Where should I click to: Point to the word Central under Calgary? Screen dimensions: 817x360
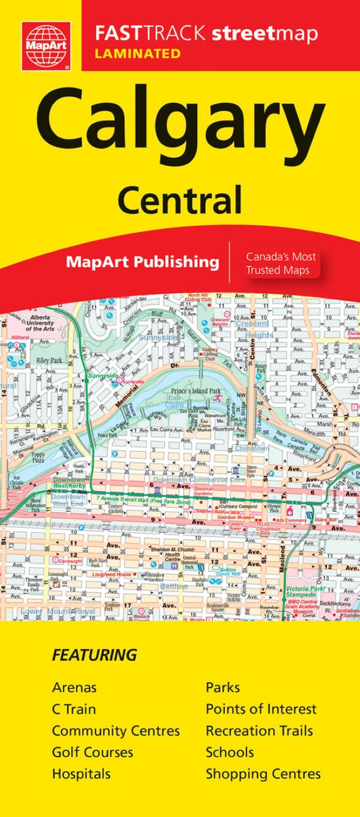(x=180, y=201)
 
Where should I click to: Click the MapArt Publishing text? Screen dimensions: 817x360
(x=143, y=261)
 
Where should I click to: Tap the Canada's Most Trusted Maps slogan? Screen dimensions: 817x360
(x=280, y=264)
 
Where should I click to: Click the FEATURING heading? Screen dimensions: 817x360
(x=95, y=655)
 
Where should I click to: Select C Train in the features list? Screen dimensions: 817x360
(x=74, y=709)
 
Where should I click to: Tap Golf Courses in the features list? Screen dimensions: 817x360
(x=93, y=752)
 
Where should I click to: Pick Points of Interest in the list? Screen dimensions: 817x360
(x=261, y=709)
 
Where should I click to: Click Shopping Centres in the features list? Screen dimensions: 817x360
(x=263, y=774)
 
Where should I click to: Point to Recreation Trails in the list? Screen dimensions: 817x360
(x=259, y=731)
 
